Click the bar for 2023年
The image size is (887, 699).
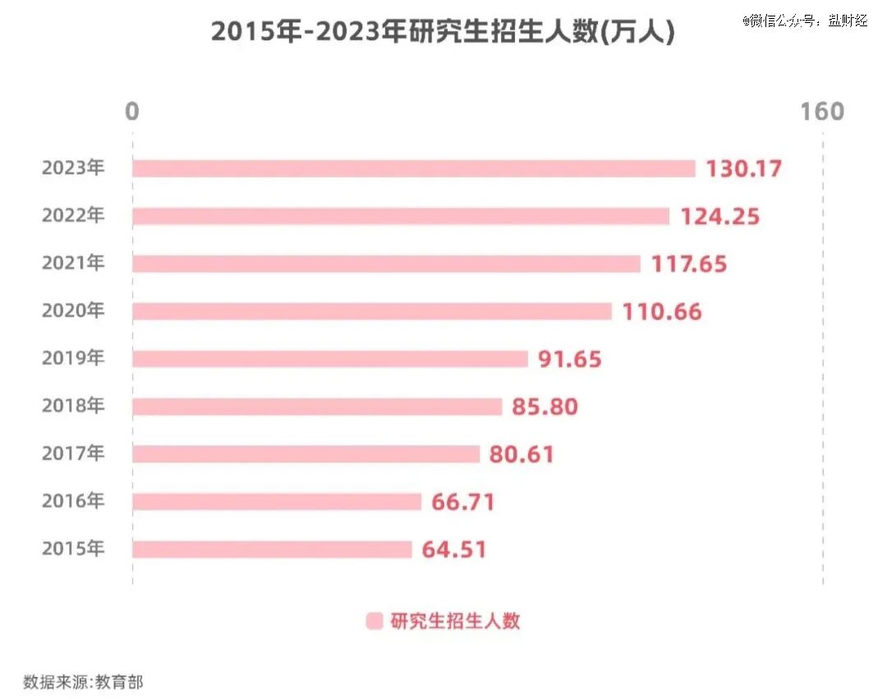(413, 168)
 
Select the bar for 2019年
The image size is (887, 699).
(330, 359)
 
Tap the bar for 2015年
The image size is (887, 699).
(272, 550)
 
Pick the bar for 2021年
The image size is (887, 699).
(386, 264)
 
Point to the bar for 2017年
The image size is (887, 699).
(306, 454)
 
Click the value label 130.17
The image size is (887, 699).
(744, 168)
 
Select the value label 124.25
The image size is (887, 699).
(719, 216)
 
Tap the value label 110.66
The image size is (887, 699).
(662, 311)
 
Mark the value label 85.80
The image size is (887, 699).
(545, 407)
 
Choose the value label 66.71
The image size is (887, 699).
(462, 502)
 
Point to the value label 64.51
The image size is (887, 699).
(453, 550)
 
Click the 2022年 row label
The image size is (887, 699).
(73, 215)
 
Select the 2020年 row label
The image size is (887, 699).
(73, 310)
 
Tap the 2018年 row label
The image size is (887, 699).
(73, 406)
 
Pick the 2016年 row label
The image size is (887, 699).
(73, 500)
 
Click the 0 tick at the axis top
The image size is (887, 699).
(131, 112)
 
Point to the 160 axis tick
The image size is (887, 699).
(822, 112)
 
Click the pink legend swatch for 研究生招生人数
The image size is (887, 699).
(374, 621)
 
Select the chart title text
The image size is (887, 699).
(443, 31)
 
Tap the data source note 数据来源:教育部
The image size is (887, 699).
(83, 682)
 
